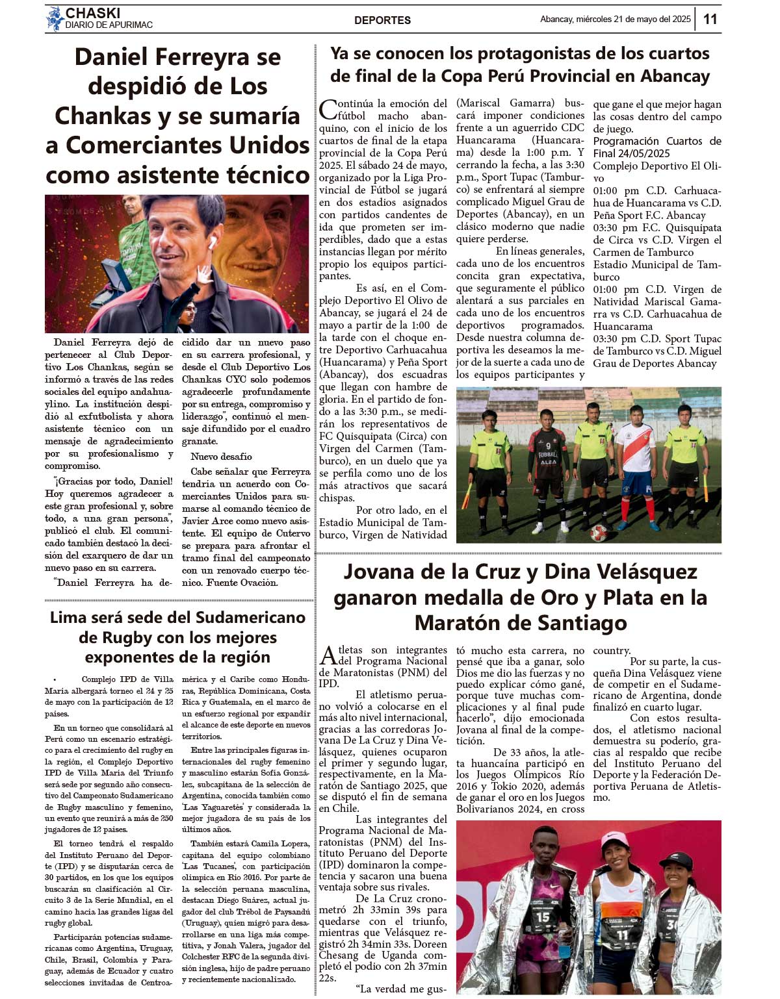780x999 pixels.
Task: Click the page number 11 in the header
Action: click(710, 19)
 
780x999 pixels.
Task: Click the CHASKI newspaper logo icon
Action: click(54, 19)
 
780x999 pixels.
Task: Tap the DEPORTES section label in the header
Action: click(382, 20)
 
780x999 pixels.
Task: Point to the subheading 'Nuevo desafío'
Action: click(221, 457)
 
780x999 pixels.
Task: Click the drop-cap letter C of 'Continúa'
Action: click(329, 110)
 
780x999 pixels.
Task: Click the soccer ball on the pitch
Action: click(598, 533)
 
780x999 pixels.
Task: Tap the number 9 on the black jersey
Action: click(548, 446)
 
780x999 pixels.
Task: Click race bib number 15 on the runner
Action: click(542, 917)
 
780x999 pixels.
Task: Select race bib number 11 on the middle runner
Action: click(623, 935)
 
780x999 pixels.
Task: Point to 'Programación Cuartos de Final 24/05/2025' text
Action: click(656, 147)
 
